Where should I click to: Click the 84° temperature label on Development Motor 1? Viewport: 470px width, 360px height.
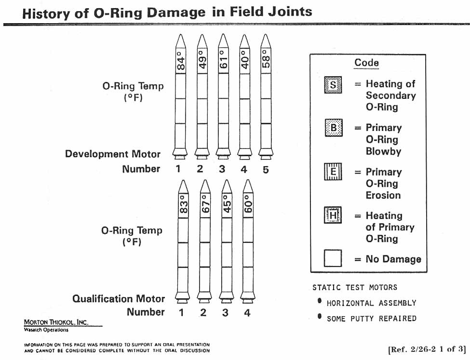181,61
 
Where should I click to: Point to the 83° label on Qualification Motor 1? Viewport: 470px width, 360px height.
183,205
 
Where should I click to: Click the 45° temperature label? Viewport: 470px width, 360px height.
227,205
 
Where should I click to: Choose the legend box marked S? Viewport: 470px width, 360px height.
333,85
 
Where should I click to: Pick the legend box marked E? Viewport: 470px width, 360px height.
333,172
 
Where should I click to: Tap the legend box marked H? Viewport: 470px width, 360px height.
333,215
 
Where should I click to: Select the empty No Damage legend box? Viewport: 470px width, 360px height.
333,258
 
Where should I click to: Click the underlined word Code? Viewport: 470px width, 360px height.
366,63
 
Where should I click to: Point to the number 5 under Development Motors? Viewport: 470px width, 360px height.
266,169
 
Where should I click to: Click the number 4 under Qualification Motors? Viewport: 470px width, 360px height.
247,313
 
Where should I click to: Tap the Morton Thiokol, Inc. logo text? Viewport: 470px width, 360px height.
55,322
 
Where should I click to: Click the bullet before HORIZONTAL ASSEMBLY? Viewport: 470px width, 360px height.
319,301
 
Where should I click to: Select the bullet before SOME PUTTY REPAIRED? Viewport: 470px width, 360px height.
319,317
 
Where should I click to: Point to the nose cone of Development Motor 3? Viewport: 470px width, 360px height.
222,40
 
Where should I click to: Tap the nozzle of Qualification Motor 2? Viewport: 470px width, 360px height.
205,295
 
